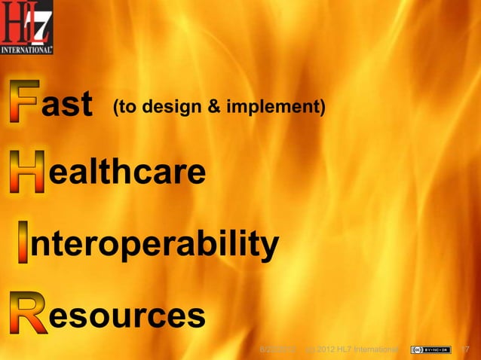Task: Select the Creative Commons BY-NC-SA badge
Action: [430, 349]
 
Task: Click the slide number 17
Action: [464, 349]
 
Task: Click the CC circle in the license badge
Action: [415, 349]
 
